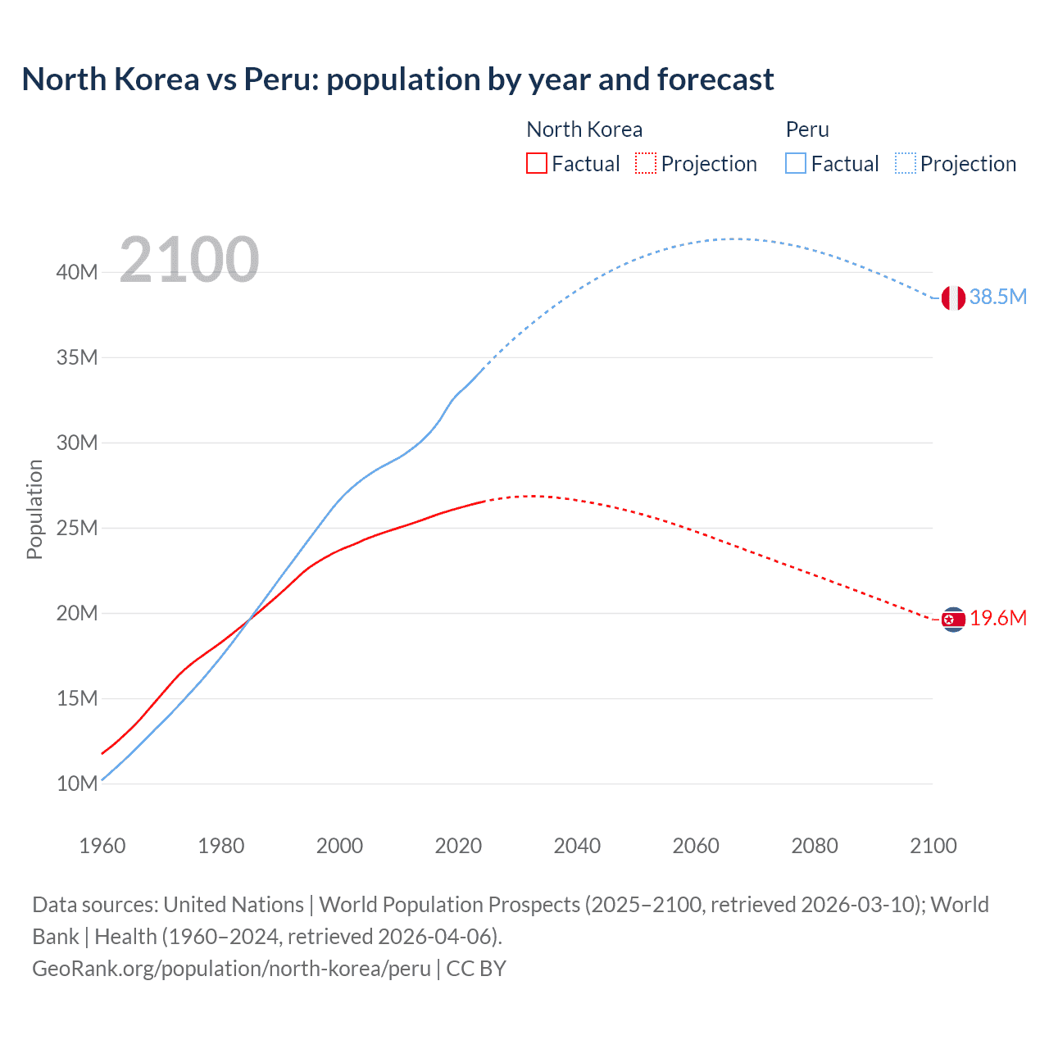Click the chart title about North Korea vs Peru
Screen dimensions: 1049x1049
pyautogui.click(x=397, y=79)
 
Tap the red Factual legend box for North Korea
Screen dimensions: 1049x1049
pyautogui.click(x=536, y=163)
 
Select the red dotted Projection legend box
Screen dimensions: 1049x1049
pyautogui.click(x=646, y=163)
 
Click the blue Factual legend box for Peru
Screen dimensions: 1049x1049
pyautogui.click(x=796, y=163)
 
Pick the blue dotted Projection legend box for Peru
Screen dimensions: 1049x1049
pyautogui.click(x=905, y=163)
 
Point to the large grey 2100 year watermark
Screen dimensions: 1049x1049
pyautogui.click(x=189, y=260)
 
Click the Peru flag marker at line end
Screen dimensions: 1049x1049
pyautogui.click(x=952, y=298)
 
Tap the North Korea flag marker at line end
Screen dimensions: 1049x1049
pyautogui.click(x=952, y=620)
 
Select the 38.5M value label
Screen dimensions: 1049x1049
pyautogui.click(x=997, y=297)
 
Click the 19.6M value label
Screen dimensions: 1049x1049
pyautogui.click(x=997, y=618)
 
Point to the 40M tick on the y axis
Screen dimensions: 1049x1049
pyautogui.click(x=77, y=272)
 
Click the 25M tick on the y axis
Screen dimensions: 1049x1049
pyautogui.click(x=77, y=528)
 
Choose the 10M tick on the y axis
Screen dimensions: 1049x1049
pyautogui.click(x=77, y=783)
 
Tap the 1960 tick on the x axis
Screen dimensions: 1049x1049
pyautogui.click(x=102, y=846)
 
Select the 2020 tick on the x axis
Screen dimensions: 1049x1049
pyautogui.click(x=458, y=846)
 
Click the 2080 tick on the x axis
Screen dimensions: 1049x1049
pyautogui.click(x=815, y=846)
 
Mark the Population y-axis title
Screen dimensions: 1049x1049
pyautogui.click(x=34, y=509)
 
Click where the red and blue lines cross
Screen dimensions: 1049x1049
pyautogui.click(x=247, y=620)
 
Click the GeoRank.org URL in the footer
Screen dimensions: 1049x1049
pyautogui.click(x=231, y=969)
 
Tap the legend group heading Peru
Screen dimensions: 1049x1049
pyautogui.click(x=807, y=129)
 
